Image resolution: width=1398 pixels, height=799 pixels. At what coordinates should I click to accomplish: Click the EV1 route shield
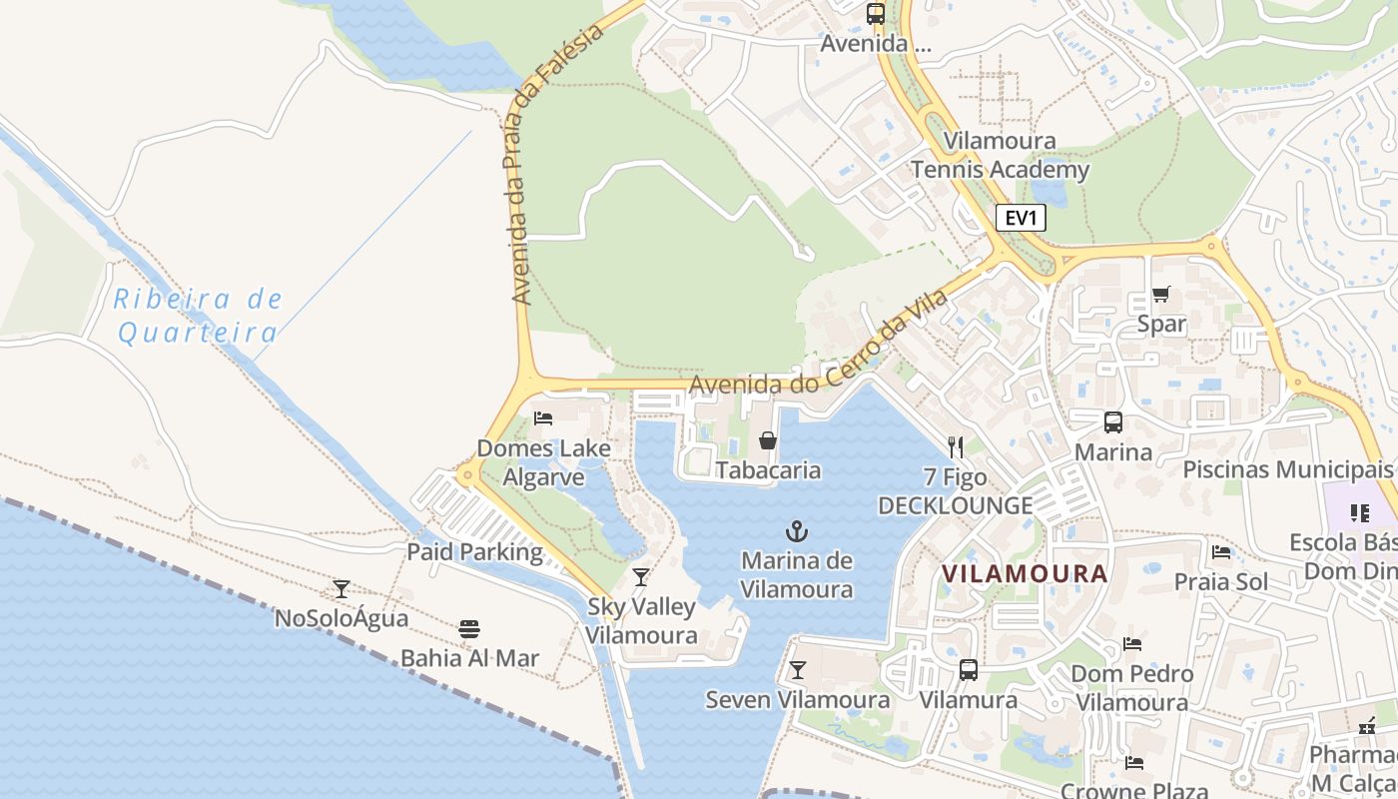[1020, 218]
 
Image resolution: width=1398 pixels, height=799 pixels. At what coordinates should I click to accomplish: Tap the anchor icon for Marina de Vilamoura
[797, 531]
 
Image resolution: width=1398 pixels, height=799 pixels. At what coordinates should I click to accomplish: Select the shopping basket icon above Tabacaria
[768, 440]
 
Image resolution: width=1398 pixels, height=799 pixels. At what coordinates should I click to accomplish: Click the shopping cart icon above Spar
[1160, 295]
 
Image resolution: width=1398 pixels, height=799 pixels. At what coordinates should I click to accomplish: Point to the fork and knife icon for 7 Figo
[956, 447]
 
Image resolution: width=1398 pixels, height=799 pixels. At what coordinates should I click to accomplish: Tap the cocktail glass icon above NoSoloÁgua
[342, 589]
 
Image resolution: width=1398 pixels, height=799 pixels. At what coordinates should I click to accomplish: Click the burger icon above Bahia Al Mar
[469, 629]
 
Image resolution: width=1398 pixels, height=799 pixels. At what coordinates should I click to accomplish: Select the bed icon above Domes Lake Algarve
[543, 418]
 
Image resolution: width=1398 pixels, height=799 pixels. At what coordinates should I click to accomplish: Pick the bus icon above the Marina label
[1112, 422]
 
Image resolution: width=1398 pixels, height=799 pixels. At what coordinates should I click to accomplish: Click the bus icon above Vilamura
[968, 670]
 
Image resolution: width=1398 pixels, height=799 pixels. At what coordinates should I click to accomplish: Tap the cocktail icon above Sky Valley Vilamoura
[641, 577]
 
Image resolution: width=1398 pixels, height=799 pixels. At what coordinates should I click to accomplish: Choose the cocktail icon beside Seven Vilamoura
[797, 670]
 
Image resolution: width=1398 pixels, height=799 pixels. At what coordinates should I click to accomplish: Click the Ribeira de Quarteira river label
[198, 316]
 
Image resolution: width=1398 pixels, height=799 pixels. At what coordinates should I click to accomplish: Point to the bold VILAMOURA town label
[1025, 574]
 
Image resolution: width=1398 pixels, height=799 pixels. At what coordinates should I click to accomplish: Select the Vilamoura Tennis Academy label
[1000, 155]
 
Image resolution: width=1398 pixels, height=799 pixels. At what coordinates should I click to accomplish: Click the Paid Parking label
[474, 552]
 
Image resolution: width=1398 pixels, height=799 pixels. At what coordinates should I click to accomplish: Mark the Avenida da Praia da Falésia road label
[556, 166]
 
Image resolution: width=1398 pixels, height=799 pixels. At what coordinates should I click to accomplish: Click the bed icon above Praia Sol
[1220, 552]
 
